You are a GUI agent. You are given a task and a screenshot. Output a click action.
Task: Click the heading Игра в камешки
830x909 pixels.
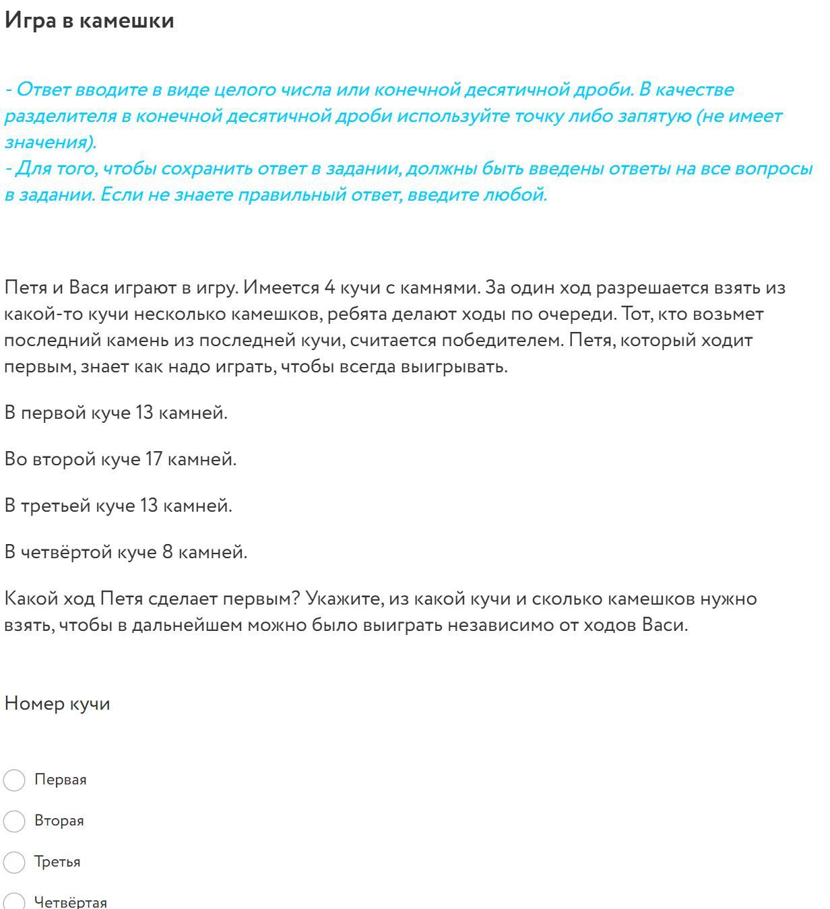pyautogui.click(x=89, y=21)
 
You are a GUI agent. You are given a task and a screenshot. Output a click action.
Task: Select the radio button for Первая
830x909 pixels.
pyautogui.click(x=15, y=780)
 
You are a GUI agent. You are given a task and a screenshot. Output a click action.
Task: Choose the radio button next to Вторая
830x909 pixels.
pyautogui.click(x=15, y=821)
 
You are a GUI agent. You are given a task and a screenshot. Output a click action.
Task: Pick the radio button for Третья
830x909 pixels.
pyautogui.click(x=15, y=863)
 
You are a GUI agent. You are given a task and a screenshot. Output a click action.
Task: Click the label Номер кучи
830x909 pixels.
pyautogui.click(x=57, y=704)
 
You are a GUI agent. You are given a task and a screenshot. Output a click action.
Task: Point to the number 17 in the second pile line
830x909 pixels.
pyautogui.click(x=153, y=460)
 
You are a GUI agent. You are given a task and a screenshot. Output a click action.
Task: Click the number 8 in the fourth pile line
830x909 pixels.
pyautogui.click(x=168, y=553)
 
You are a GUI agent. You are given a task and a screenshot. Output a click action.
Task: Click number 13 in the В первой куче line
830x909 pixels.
pyautogui.click(x=145, y=413)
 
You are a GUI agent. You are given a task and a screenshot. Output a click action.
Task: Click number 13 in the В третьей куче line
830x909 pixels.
pyautogui.click(x=149, y=506)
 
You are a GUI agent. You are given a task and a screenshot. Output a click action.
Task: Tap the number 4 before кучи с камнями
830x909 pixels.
pyautogui.click(x=329, y=288)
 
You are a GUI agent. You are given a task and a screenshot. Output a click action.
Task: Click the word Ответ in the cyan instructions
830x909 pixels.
pyautogui.click(x=43, y=90)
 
